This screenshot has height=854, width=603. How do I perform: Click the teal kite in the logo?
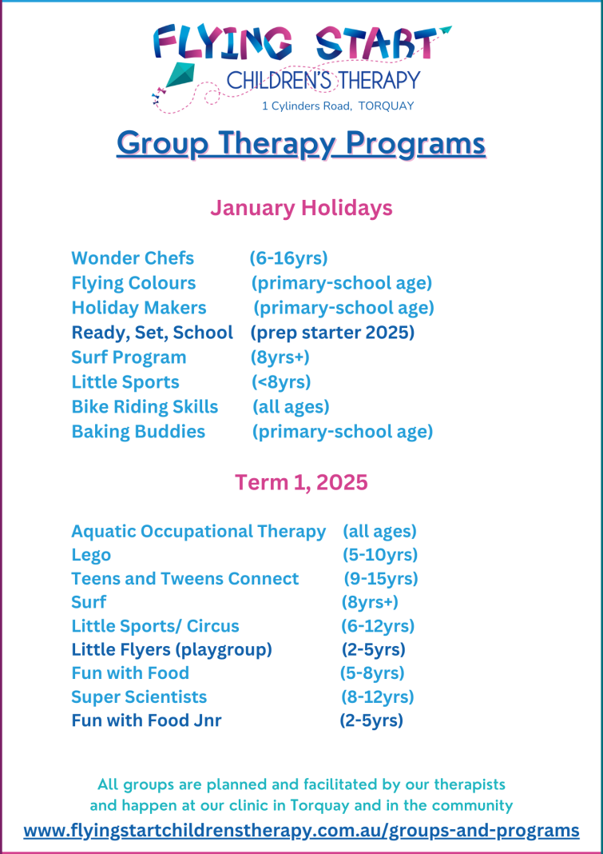[181, 76]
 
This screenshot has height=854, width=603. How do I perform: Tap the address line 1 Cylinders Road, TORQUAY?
[338, 106]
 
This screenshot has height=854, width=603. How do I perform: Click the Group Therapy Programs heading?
[301, 144]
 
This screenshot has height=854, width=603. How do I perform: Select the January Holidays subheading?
[301, 208]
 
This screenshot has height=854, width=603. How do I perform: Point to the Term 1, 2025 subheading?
[301, 482]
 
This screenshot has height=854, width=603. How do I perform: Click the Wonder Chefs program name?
[133, 258]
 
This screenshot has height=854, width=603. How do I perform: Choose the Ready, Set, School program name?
[153, 332]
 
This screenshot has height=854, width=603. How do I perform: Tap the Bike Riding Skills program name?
[145, 406]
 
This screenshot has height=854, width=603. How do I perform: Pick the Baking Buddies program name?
[138, 432]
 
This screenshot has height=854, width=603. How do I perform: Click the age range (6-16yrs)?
[288, 258]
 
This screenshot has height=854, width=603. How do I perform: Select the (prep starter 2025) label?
[332, 332]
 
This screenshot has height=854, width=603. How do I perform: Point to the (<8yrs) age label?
[281, 382]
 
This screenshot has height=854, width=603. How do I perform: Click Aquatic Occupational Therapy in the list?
[198, 531]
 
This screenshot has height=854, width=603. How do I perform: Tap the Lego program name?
[91, 554]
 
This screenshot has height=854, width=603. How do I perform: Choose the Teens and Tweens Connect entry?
[185, 578]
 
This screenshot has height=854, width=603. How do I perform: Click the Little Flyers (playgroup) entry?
[172, 649]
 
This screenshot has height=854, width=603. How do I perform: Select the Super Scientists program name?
[139, 696]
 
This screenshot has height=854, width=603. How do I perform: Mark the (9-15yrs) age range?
[381, 578]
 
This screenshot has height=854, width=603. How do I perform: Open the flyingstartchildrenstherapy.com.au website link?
[301, 830]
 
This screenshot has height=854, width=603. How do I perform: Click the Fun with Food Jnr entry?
[146, 720]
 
